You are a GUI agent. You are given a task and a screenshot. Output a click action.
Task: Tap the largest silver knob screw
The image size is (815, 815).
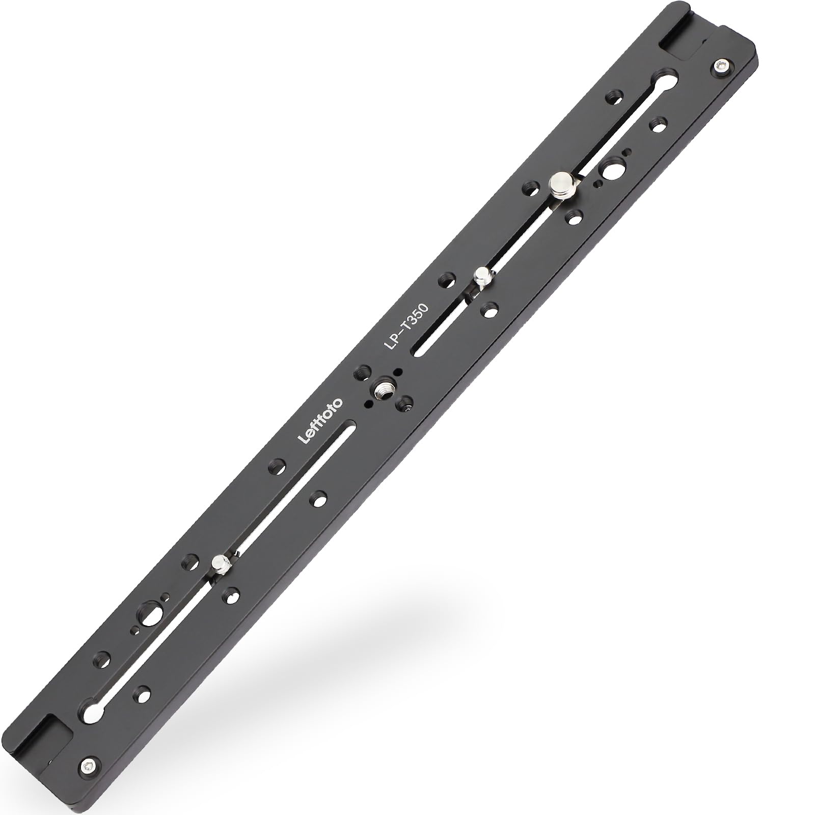[x=562, y=182]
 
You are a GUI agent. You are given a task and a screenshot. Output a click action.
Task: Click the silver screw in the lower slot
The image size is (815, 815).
[x=221, y=564]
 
